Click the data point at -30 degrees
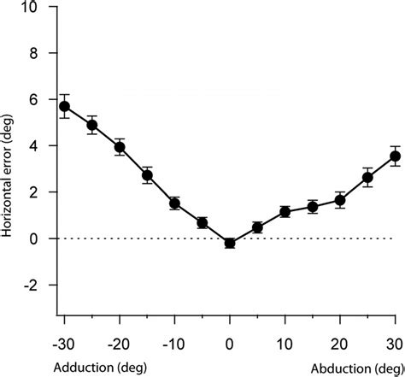[64, 106]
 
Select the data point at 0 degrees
[230, 243]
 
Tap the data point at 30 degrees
[395, 156]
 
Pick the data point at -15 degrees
[147, 175]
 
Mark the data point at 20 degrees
[340, 200]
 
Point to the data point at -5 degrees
[202, 222]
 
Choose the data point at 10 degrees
[285, 211]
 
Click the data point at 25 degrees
[367, 178]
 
